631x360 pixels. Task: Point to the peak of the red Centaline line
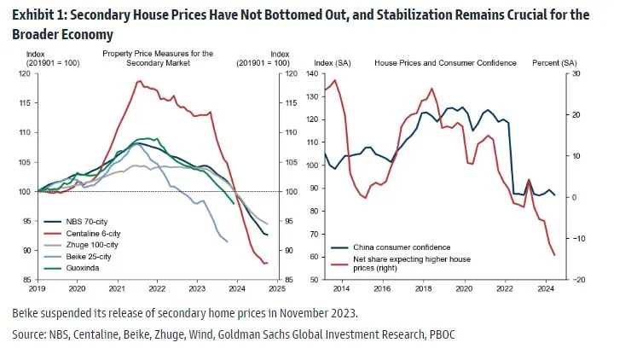point(138,81)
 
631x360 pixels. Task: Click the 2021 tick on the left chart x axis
point(117,288)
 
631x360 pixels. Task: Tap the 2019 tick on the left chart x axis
point(37,288)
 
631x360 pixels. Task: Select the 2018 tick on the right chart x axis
point(424,288)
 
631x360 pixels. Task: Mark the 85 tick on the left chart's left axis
point(26,280)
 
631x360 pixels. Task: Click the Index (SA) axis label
point(333,63)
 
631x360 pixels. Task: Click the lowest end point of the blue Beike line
point(227,242)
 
